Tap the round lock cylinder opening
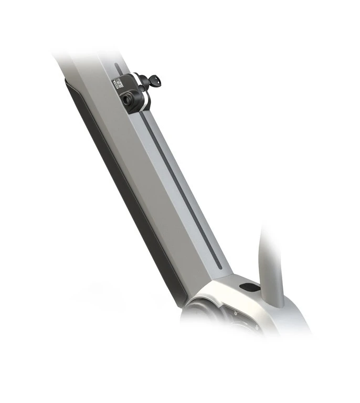coord(128,98)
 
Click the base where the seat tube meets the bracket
coord(276,302)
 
